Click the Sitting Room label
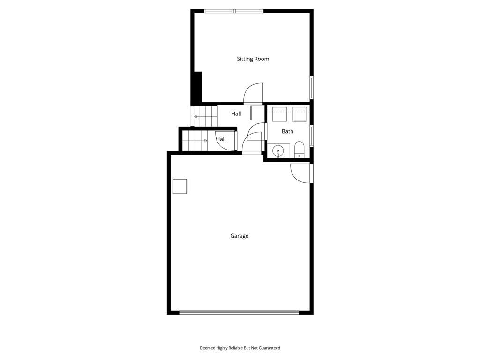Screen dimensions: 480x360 tap(253, 59)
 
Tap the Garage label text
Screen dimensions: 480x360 tap(239, 236)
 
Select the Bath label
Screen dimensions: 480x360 tap(287, 131)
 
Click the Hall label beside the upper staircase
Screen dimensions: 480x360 tap(236, 113)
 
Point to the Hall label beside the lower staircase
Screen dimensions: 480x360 tap(221, 139)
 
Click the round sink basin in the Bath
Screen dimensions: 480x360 tap(278, 150)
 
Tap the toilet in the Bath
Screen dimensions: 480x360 tap(299, 150)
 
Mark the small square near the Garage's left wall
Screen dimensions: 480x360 tap(180, 187)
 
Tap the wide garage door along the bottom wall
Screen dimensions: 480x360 tap(239, 313)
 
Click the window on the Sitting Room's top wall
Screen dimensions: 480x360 tap(234, 11)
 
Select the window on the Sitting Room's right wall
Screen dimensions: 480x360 tap(312, 88)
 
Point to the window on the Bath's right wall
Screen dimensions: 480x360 tap(312, 136)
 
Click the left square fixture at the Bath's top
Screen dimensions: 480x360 tap(279, 114)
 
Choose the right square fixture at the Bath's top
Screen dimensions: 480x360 tap(300, 114)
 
